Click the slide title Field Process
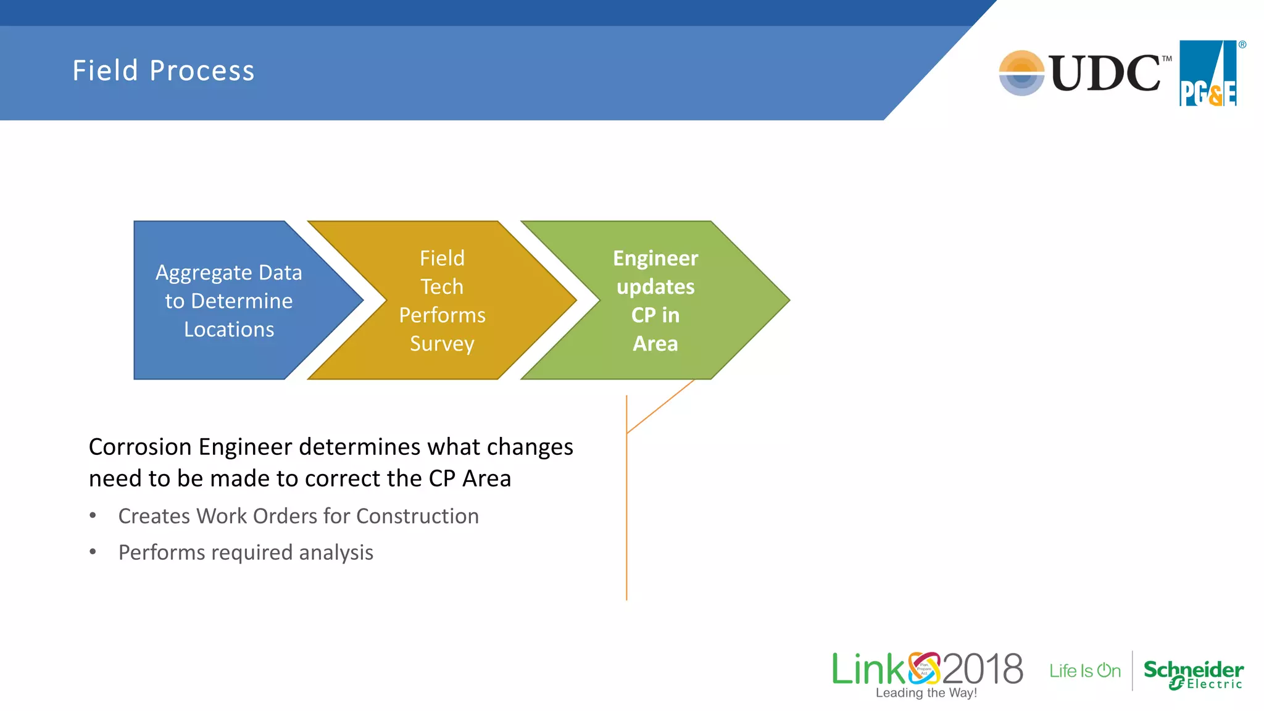[164, 70]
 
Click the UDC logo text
[1105, 73]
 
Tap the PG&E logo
[1208, 74]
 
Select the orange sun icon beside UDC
[1021, 73]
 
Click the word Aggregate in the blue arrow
[204, 273]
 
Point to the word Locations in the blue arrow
[229, 330]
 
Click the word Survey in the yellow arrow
[442, 344]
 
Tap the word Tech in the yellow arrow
[442, 287]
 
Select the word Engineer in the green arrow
[655, 259]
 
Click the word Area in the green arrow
[655, 344]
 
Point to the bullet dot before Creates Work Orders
[93, 515]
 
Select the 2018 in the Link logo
[983, 669]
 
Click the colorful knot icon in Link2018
[924, 668]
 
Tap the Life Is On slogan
[1085, 671]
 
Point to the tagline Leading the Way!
[926, 693]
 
